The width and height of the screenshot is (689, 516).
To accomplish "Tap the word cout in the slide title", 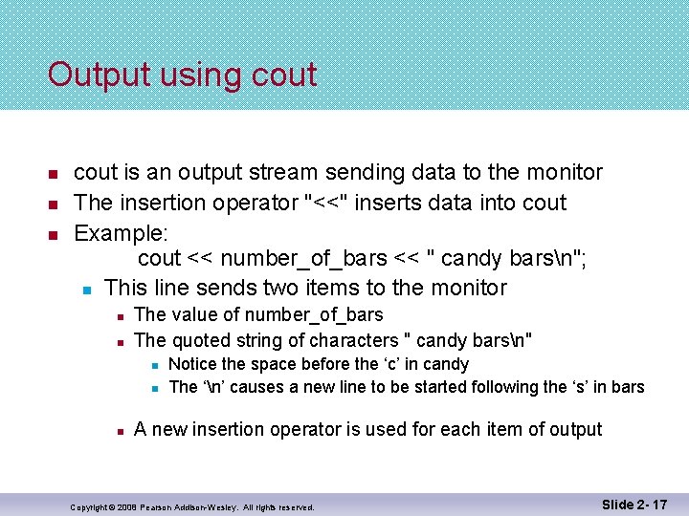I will (x=282, y=75).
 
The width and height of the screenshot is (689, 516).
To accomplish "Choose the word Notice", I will (x=192, y=364).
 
